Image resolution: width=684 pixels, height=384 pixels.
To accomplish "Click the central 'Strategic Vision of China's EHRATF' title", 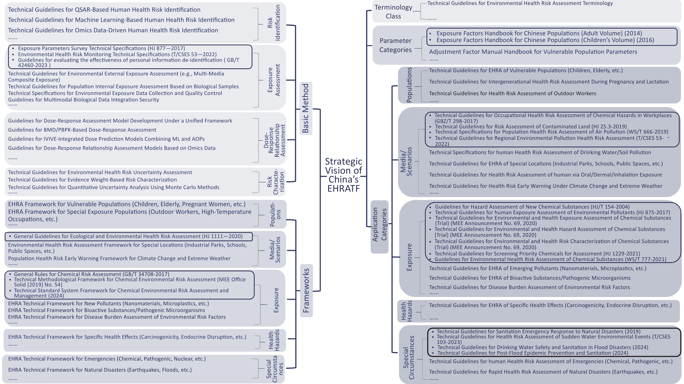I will pos(343,175).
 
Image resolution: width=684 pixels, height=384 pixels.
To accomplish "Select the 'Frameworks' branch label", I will pos(306,290).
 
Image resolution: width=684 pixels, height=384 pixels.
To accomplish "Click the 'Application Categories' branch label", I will pos(379,224).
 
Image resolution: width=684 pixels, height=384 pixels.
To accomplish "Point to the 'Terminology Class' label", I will pos(393,12).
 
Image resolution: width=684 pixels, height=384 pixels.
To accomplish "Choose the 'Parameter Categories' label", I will pos(395,45).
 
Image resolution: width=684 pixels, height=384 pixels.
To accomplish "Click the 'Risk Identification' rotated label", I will pos(274,23).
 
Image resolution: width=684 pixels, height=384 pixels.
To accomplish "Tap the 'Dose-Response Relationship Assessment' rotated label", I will pos(274,140).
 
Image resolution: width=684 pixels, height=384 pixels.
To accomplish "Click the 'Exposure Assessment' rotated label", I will pos(274,80).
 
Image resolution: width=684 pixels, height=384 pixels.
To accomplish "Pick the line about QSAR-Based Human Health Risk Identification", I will pos(104,10).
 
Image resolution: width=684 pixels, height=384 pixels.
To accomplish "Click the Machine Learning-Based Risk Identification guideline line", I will pos(121,20).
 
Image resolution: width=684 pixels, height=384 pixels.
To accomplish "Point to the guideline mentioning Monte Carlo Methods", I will pos(114,187).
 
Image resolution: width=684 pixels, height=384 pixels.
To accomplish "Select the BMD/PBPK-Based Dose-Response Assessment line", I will pos(82,130).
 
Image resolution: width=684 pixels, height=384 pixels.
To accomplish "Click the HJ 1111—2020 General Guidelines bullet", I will pos(128,236).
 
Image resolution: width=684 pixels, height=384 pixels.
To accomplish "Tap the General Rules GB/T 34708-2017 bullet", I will pos(91,274).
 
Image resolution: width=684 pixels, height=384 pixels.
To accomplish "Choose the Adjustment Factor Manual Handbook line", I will pos(533,52).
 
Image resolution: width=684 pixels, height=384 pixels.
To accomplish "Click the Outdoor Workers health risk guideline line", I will pos(512,93).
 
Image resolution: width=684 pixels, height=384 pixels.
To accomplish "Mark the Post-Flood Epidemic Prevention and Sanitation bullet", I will pos(533,353).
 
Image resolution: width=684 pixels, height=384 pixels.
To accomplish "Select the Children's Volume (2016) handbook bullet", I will pos(545,40).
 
